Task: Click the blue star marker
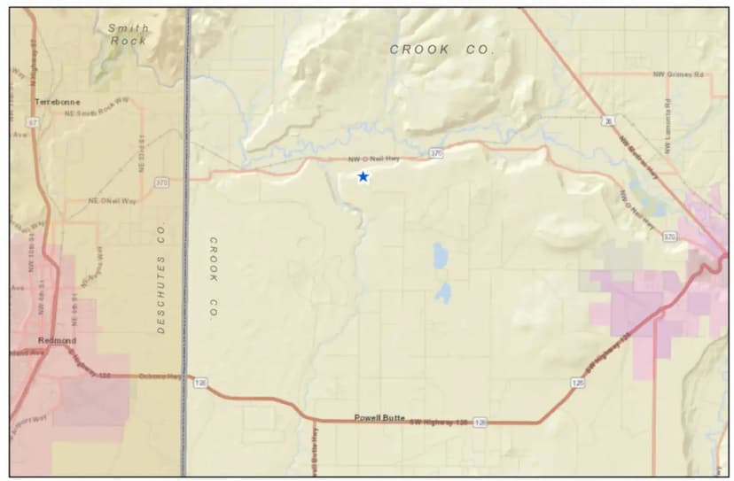click(363, 177)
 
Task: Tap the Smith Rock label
click(129, 35)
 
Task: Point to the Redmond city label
click(57, 340)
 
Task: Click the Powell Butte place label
click(379, 416)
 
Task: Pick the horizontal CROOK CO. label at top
click(441, 50)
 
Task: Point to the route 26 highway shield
click(609, 121)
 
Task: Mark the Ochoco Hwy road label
click(160, 376)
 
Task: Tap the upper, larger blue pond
click(441, 255)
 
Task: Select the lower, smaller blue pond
click(443, 292)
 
